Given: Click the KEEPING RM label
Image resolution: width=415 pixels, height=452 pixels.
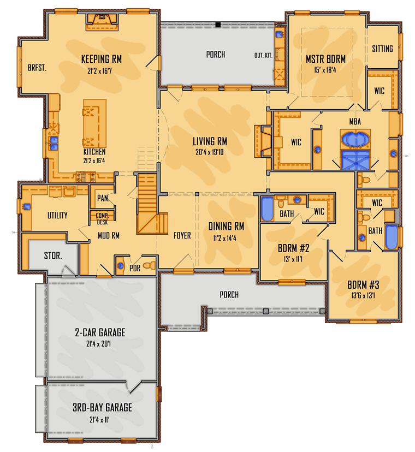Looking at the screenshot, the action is click(x=102, y=59).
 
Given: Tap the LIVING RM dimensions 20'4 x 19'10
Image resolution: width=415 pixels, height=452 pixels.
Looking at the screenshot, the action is click(x=210, y=152).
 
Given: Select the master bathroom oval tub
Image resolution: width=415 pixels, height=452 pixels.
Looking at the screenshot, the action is click(x=355, y=140).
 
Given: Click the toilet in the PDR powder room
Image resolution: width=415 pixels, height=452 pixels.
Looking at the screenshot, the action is click(x=150, y=265).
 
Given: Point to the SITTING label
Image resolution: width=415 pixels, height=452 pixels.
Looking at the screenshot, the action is click(x=382, y=49).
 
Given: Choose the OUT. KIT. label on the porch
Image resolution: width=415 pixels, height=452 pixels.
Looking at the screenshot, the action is click(x=263, y=55).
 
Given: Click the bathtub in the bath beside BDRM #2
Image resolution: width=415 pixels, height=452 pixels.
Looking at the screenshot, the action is click(x=268, y=209).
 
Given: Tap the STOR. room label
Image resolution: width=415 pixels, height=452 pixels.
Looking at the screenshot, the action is click(x=53, y=255).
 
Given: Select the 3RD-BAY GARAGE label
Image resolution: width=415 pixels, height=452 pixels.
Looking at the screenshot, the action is click(x=102, y=408).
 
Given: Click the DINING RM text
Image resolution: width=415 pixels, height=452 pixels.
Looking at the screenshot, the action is click(x=227, y=227).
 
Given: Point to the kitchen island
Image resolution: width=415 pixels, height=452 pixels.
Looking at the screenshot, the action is click(x=94, y=123).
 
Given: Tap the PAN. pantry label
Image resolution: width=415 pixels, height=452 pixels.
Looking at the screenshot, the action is click(x=103, y=198).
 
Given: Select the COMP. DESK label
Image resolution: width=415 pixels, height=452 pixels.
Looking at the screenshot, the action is click(x=102, y=219).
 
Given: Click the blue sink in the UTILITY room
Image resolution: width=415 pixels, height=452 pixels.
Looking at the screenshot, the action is click(x=26, y=207).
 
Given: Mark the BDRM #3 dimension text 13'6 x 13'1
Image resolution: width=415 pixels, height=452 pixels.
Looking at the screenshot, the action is click(x=363, y=296).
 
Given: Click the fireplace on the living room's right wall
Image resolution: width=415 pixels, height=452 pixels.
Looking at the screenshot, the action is click(x=263, y=141).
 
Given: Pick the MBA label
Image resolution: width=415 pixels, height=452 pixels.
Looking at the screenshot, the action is click(x=355, y=122).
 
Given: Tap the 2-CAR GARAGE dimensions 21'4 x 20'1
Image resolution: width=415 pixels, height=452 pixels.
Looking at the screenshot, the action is click(x=99, y=344).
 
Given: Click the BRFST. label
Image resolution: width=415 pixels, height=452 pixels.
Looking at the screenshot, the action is click(x=37, y=68).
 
